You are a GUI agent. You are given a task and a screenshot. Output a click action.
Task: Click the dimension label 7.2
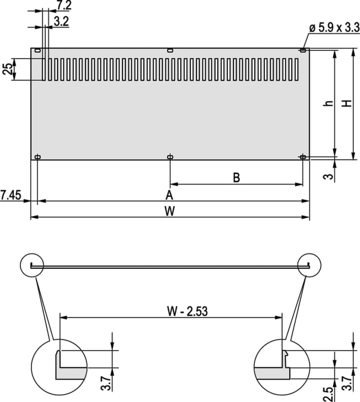(64, 6)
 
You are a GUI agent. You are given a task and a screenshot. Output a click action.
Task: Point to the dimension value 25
(7, 69)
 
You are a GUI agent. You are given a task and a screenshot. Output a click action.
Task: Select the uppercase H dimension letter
(348, 103)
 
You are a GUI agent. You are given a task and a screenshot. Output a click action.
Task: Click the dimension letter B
(236, 178)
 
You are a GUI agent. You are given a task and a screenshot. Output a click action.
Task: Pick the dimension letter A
(169, 195)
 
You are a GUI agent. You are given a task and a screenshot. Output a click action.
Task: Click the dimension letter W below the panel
(169, 211)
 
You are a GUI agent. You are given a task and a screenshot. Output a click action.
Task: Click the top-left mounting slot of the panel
(38, 50)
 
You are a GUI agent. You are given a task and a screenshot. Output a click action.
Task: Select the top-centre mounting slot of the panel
(170, 50)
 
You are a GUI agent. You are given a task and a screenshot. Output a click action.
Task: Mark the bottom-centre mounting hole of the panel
(170, 156)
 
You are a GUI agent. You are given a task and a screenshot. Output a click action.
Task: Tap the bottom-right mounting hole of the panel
(302, 156)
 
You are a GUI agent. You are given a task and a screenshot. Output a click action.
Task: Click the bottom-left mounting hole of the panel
(38, 156)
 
